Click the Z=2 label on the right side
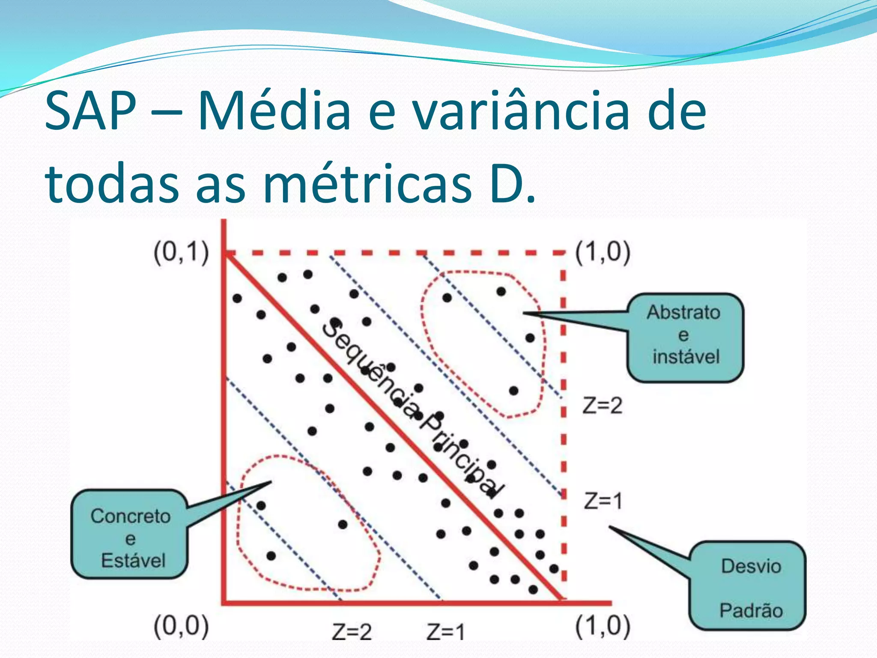(x=602, y=405)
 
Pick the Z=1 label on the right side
(x=603, y=501)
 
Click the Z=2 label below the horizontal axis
(x=352, y=632)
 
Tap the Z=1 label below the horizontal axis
(x=445, y=632)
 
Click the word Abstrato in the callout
(x=683, y=312)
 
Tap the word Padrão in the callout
(x=751, y=610)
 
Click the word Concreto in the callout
(x=131, y=516)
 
